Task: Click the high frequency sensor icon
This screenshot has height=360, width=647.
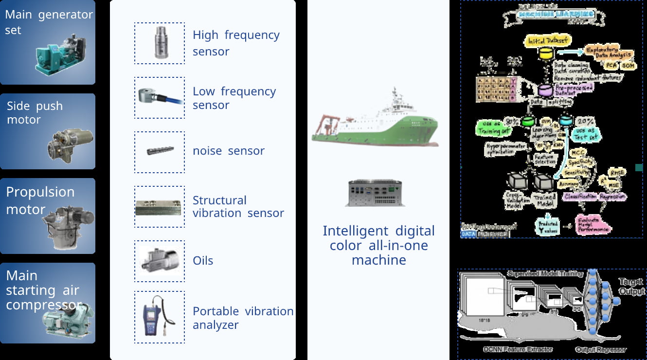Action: click(160, 43)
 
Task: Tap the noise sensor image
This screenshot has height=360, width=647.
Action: click(160, 151)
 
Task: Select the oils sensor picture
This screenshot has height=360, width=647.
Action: click(160, 260)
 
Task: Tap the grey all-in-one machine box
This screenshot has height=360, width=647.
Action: click(375, 192)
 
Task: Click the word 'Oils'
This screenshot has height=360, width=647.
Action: click(203, 261)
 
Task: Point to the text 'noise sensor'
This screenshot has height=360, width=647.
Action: click(228, 151)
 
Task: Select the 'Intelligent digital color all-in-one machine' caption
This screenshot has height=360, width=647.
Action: click(378, 245)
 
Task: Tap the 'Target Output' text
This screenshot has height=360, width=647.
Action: click(630, 286)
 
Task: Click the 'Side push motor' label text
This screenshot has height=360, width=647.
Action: click(35, 113)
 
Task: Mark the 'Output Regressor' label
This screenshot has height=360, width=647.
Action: click(601, 349)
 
